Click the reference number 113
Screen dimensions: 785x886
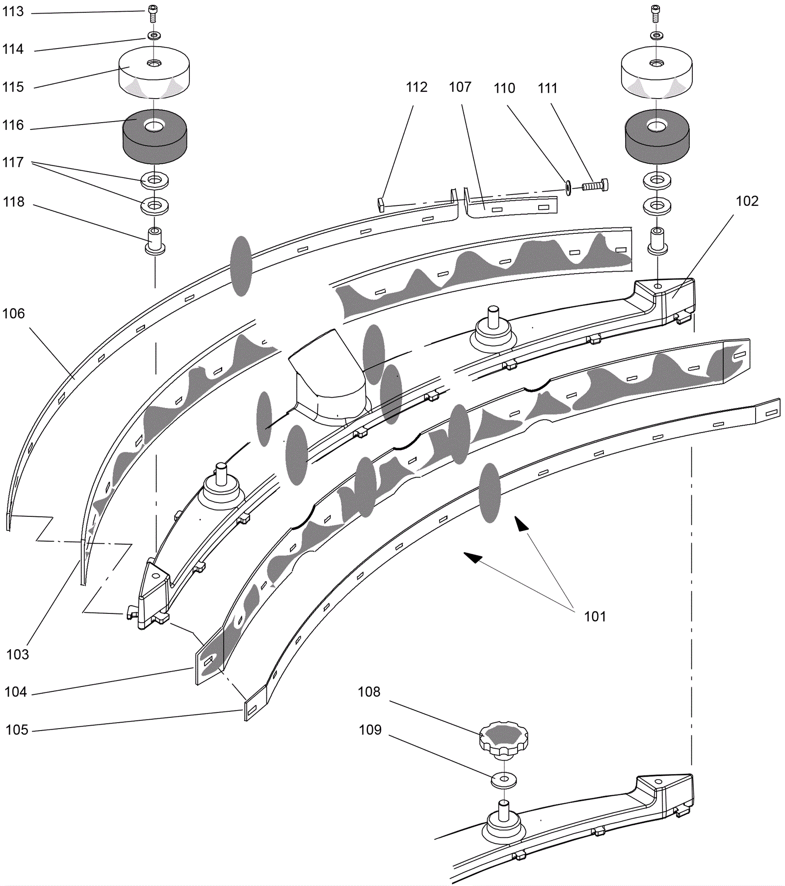click(x=13, y=11)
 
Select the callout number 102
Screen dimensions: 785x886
click(x=747, y=201)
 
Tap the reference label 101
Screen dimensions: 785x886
click(x=595, y=616)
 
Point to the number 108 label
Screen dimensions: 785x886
click(x=369, y=692)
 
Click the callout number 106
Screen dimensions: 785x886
click(x=13, y=313)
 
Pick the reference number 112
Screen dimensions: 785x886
click(x=417, y=87)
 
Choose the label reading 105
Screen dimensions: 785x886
click(x=17, y=730)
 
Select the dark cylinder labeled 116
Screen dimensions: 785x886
click(x=155, y=136)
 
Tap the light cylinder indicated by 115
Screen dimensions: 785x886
click(x=154, y=72)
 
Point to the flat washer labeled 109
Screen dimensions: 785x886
click(x=504, y=780)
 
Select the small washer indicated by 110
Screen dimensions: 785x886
click(x=569, y=187)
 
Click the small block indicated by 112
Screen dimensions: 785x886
click(x=381, y=204)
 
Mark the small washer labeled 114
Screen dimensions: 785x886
click(x=154, y=36)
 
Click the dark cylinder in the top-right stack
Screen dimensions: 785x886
click(x=657, y=136)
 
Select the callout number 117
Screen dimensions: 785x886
click(x=13, y=162)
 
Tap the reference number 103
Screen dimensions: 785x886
click(x=18, y=654)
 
